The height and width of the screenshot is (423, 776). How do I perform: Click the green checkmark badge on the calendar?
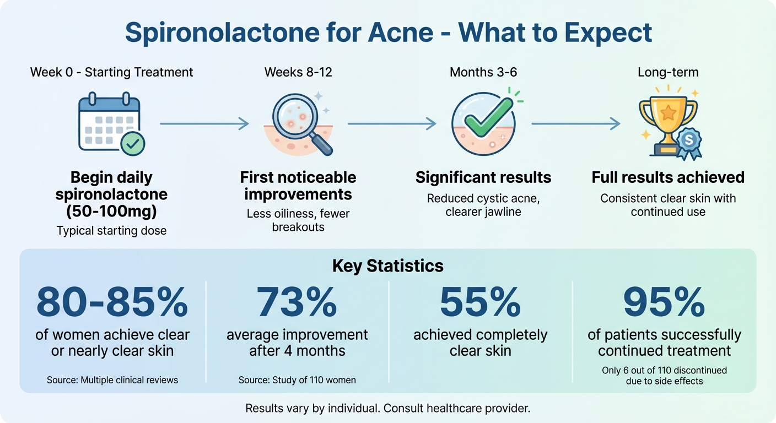point(132,144)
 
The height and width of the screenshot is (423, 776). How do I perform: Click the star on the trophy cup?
point(668,112)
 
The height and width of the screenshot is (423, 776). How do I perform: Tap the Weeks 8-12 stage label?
point(298,72)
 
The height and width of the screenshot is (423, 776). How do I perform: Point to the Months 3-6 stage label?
point(483,72)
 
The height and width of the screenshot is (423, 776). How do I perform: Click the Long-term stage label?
point(667,72)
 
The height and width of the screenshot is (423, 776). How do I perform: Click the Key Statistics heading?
point(387,266)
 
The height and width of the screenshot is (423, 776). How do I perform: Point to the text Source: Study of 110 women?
point(297,380)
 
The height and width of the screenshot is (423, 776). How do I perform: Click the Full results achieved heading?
point(668,177)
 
